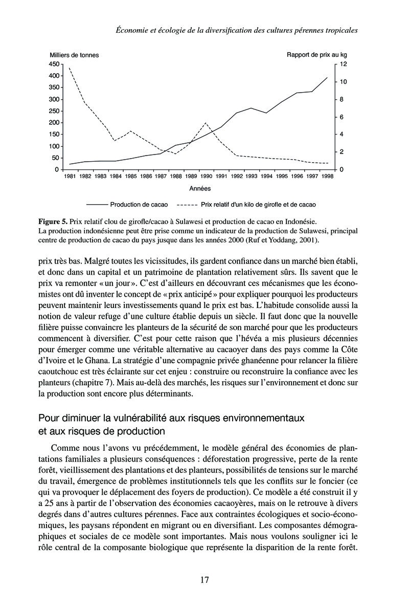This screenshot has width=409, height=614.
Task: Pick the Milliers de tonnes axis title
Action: click(75, 55)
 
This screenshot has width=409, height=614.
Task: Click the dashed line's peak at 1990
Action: click(206, 123)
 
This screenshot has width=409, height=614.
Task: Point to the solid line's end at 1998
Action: click(327, 77)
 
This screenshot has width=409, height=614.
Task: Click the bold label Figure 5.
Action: click(53, 222)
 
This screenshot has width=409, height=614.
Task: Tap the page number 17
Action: click(204, 580)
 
